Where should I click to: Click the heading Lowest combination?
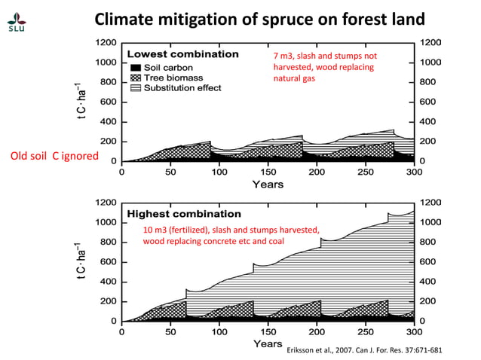[182, 54]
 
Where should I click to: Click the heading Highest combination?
[184, 214]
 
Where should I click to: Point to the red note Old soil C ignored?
[54, 156]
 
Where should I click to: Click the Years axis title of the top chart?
[268, 183]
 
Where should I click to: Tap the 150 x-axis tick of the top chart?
[268, 171]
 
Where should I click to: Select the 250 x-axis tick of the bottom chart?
[366, 331]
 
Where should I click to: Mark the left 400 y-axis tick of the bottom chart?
[107, 281]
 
